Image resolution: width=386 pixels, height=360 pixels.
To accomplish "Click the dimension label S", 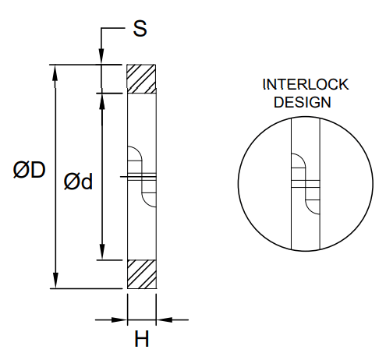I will click(140, 29).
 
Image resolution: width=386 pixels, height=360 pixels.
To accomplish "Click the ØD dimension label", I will click(29, 170).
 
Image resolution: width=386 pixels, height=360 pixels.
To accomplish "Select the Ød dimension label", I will click(78, 181).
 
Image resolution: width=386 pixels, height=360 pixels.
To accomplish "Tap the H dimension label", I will click(142, 339).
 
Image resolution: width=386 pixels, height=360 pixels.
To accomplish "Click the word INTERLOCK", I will click(306, 84).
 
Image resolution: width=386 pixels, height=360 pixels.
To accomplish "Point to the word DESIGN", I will click(306, 102).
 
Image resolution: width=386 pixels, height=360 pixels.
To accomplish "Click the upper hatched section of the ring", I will click(142, 79).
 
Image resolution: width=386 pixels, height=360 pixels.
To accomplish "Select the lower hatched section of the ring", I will click(142, 274).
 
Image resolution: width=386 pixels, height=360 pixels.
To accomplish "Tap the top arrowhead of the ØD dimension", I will click(55, 72).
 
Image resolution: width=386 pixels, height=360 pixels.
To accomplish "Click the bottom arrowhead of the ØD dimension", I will click(55, 281).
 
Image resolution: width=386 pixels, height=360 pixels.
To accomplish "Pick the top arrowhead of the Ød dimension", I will click(102, 101).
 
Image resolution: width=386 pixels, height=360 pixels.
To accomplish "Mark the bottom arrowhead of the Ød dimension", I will click(102, 252).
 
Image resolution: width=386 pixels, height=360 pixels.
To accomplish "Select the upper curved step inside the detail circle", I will click(298, 161).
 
